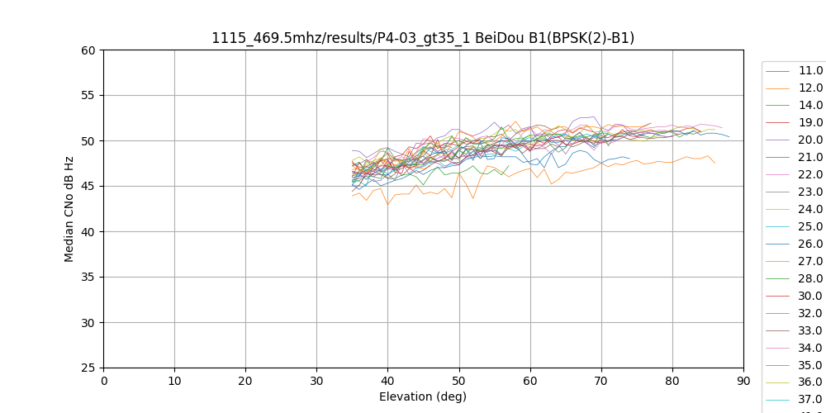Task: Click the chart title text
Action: click(423, 38)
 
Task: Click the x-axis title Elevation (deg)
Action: click(423, 396)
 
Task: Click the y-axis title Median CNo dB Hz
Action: click(69, 209)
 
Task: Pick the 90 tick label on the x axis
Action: click(743, 381)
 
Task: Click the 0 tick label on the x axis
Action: click(104, 381)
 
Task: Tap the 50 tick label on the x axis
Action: click(459, 381)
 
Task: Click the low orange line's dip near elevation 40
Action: click(387, 205)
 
